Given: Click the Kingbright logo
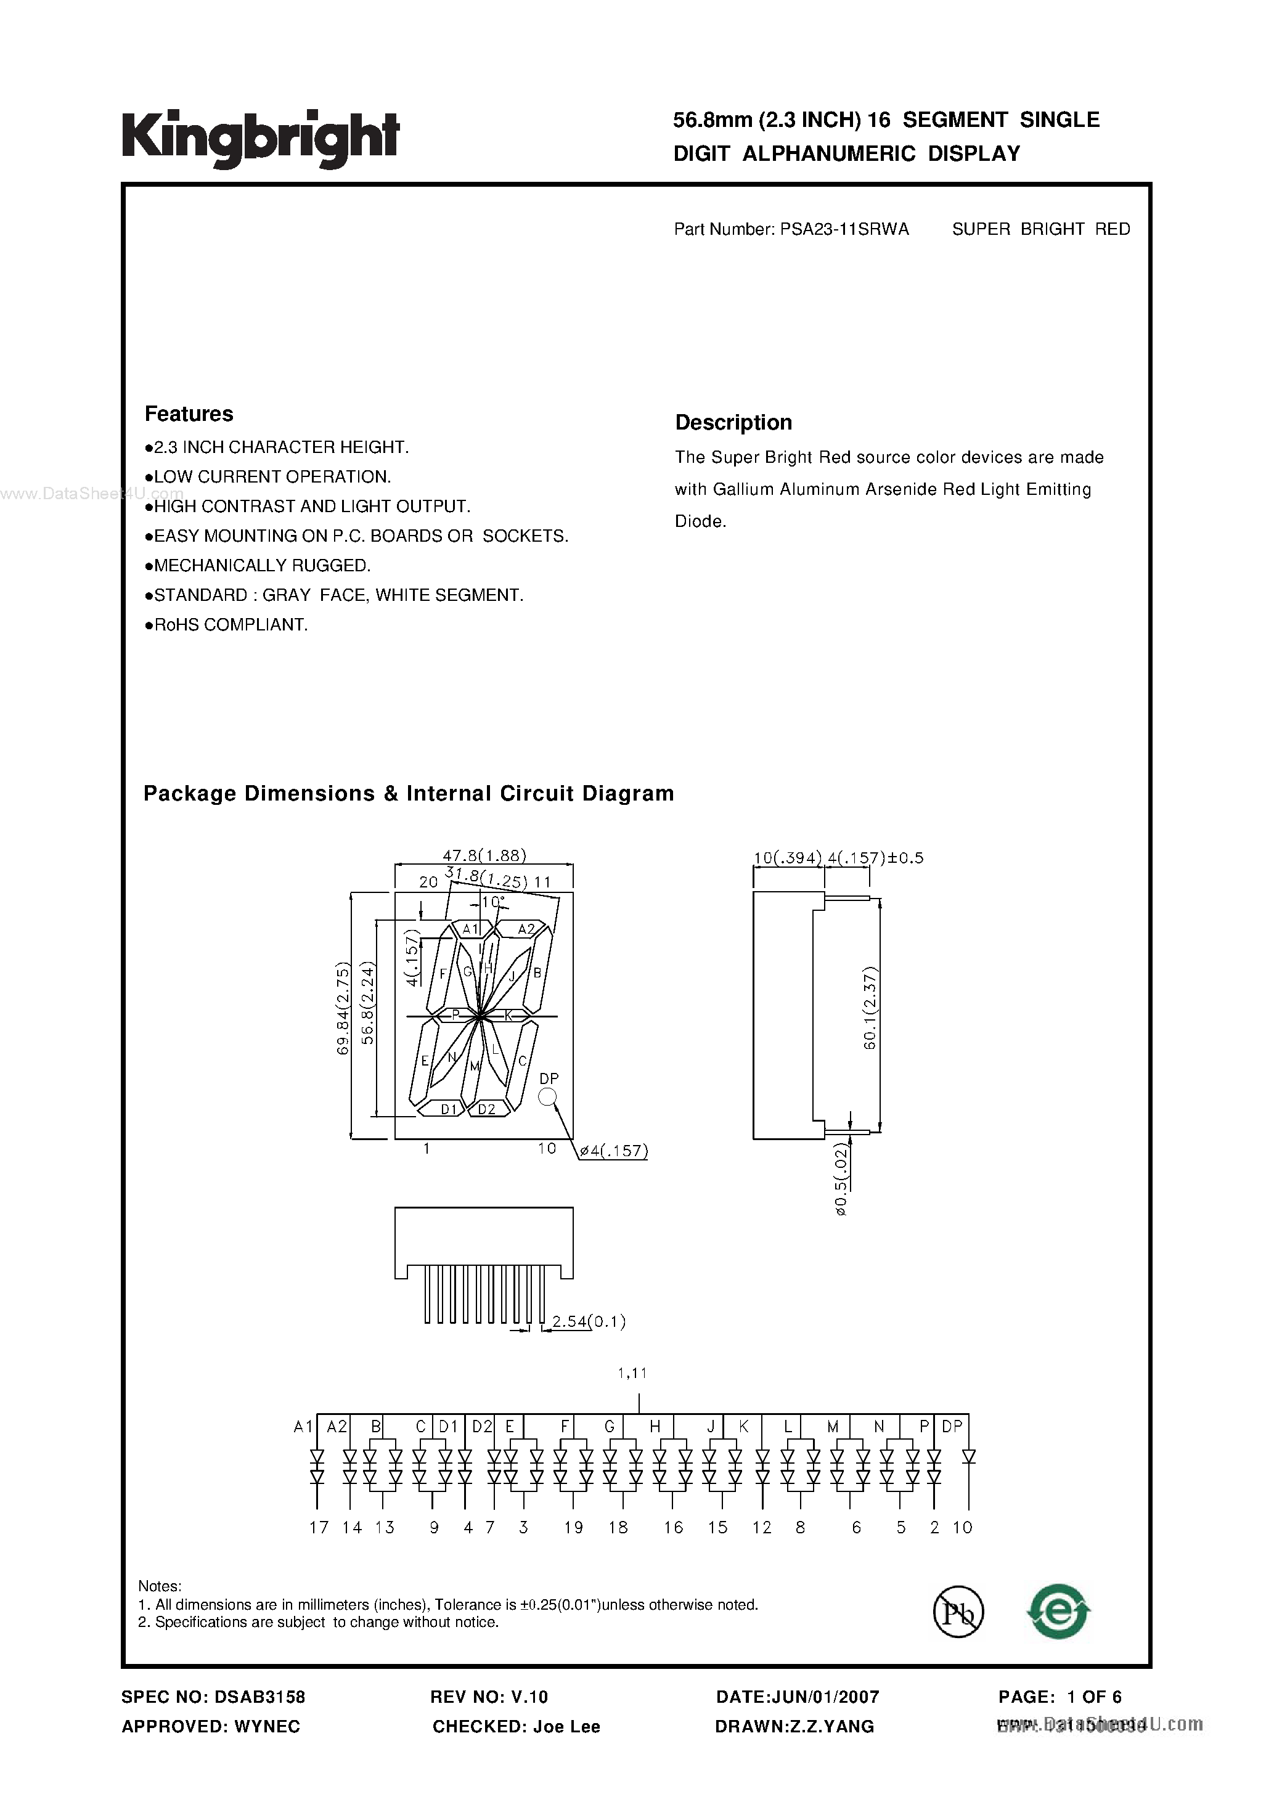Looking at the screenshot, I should [x=260, y=138].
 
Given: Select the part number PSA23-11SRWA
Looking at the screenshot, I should [x=844, y=229].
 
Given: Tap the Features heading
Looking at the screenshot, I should [x=189, y=414].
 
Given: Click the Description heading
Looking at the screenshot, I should [x=733, y=422].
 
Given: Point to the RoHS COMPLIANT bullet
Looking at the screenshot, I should [x=230, y=625].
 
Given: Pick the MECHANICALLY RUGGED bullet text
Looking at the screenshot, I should [x=261, y=566].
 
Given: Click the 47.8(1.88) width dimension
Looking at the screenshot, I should [x=484, y=855].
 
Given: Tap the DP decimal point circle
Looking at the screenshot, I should [x=548, y=1097].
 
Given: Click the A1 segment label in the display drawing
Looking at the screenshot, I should [x=470, y=929].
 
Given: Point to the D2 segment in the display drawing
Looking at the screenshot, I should [x=487, y=1109].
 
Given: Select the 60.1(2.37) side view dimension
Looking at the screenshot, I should [x=870, y=1008].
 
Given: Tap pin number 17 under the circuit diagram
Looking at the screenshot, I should [x=319, y=1527].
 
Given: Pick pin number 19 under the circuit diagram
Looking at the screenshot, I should [x=574, y=1527].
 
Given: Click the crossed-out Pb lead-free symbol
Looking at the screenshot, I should [x=958, y=1612].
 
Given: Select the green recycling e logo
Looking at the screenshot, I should [x=1058, y=1612].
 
